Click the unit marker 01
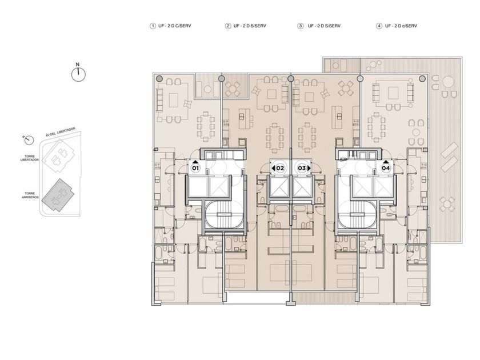(x=195, y=168)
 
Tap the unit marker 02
(x=280, y=168)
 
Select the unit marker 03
(x=302, y=168)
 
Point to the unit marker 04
(x=386, y=168)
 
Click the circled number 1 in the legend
(x=153, y=26)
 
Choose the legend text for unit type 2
(x=250, y=26)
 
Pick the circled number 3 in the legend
(x=301, y=26)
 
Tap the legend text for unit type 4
(x=401, y=26)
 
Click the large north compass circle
(x=78, y=74)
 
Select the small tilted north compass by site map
(x=29, y=140)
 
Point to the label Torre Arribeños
(x=30, y=195)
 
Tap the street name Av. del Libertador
(x=61, y=132)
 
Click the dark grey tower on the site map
(x=58, y=195)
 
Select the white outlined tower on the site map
(x=58, y=154)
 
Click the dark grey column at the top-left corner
(x=159, y=79)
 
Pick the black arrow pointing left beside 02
(x=273, y=168)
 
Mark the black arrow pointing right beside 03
(x=309, y=168)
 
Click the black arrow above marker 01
(x=195, y=161)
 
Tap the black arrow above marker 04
(x=386, y=161)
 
